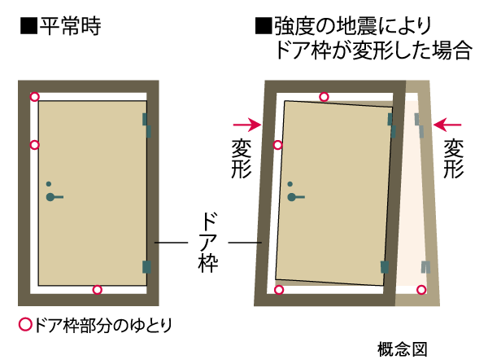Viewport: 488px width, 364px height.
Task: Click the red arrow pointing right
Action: (x=246, y=125)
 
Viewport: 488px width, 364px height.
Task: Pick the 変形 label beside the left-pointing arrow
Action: (x=453, y=159)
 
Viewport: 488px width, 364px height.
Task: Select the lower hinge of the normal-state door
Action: (x=146, y=265)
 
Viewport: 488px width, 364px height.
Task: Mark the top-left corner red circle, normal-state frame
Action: (x=34, y=97)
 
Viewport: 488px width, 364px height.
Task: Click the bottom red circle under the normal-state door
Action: (x=97, y=290)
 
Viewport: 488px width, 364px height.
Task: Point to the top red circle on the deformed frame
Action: (x=324, y=97)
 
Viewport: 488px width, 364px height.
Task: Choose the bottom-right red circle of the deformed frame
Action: (x=421, y=289)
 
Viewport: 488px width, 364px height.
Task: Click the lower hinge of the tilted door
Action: (x=384, y=265)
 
